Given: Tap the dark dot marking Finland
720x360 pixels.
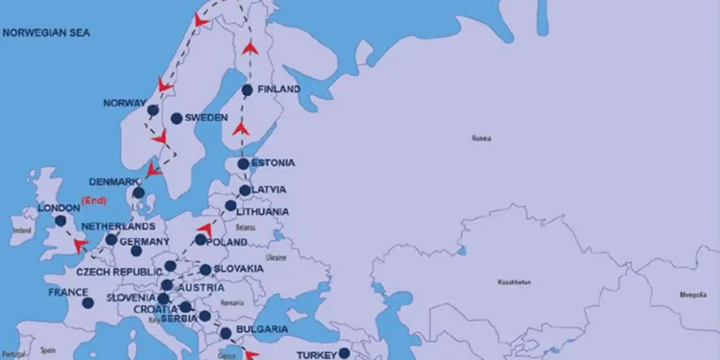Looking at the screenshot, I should (x=248, y=90).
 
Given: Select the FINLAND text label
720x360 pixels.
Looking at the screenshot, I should (x=278, y=89).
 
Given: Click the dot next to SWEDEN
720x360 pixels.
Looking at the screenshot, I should (x=176, y=118).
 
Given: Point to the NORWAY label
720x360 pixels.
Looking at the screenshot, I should (x=124, y=103).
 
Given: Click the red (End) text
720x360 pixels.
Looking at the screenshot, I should (x=93, y=201).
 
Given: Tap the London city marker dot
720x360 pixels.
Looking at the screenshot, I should (x=60, y=221).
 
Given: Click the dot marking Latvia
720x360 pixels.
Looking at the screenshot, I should (x=245, y=190).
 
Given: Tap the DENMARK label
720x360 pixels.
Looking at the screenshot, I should (x=114, y=181).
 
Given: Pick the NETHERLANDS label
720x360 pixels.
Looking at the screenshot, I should (x=118, y=227).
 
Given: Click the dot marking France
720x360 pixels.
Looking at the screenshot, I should (x=87, y=302).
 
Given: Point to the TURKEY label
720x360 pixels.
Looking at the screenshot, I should (x=316, y=354).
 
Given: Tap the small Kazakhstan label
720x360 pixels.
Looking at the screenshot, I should (x=516, y=283).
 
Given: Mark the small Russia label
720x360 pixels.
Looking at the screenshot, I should (x=481, y=138).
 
